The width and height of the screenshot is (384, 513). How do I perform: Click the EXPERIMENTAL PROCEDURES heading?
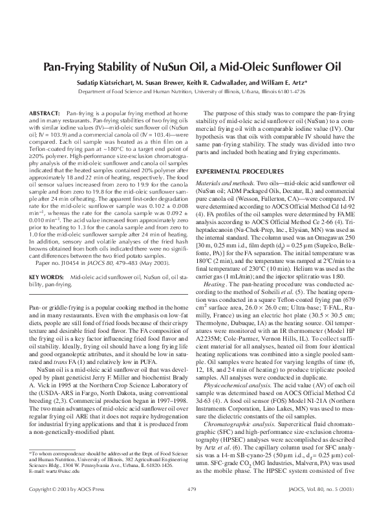(x=244, y=170)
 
